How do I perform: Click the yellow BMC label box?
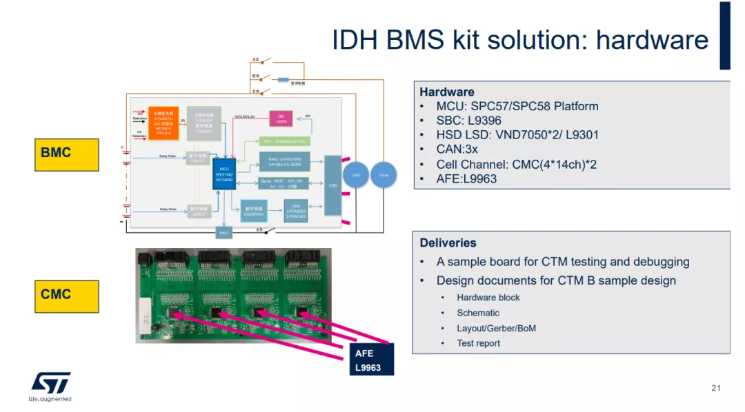click(67, 153)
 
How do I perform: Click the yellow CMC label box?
click(67, 295)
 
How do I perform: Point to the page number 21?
click(715, 389)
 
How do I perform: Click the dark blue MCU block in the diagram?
click(225, 173)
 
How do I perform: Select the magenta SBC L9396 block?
click(281, 119)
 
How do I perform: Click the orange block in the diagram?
click(163, 123)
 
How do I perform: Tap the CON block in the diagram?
click(332, 185)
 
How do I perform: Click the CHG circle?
click(356, 175)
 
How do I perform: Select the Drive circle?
click(384, 175)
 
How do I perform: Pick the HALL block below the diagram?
click(224, 233)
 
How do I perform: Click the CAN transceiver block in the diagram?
click(296, 211)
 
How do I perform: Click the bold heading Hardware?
click(447, 92)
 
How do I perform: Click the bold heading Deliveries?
click(448, 243)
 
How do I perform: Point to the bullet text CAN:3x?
click(457, 150)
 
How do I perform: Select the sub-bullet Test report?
click(478, 343)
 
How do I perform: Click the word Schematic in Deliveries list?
click(478, 313)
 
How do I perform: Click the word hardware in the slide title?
click(652, 40)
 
